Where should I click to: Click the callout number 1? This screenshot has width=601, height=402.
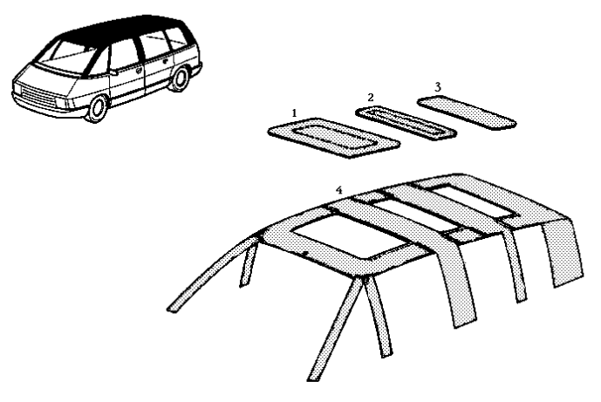(x=294, y=113)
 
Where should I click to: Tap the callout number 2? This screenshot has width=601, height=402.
(x=370, y=98)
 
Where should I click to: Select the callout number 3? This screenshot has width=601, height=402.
(x=438, y=87)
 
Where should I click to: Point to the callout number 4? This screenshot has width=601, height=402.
(x=338, y=190)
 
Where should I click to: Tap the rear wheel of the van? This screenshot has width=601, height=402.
(x=179, y=78)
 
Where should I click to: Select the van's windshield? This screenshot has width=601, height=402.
(x=66, y=57)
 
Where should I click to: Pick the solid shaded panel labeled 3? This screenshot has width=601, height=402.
(x=467, y=112)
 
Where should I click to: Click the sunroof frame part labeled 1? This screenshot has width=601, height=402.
(x=334, y=138)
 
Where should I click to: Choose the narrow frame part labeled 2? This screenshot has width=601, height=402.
(x=406, y=124)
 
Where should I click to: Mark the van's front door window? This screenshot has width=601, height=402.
(x=122, y=55)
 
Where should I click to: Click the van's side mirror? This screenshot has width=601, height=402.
(x=114, y=72)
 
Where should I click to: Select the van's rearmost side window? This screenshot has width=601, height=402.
(x=175, y=39)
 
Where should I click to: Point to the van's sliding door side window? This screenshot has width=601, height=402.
(x=154, y=45)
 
